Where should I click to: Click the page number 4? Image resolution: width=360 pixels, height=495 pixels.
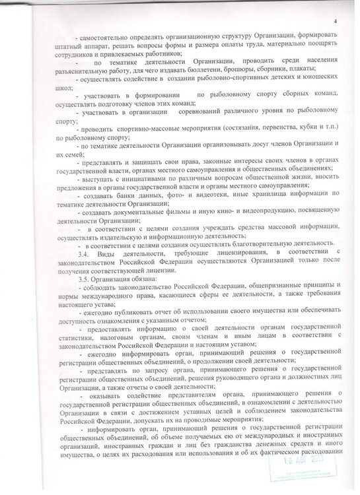click(335, 4)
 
